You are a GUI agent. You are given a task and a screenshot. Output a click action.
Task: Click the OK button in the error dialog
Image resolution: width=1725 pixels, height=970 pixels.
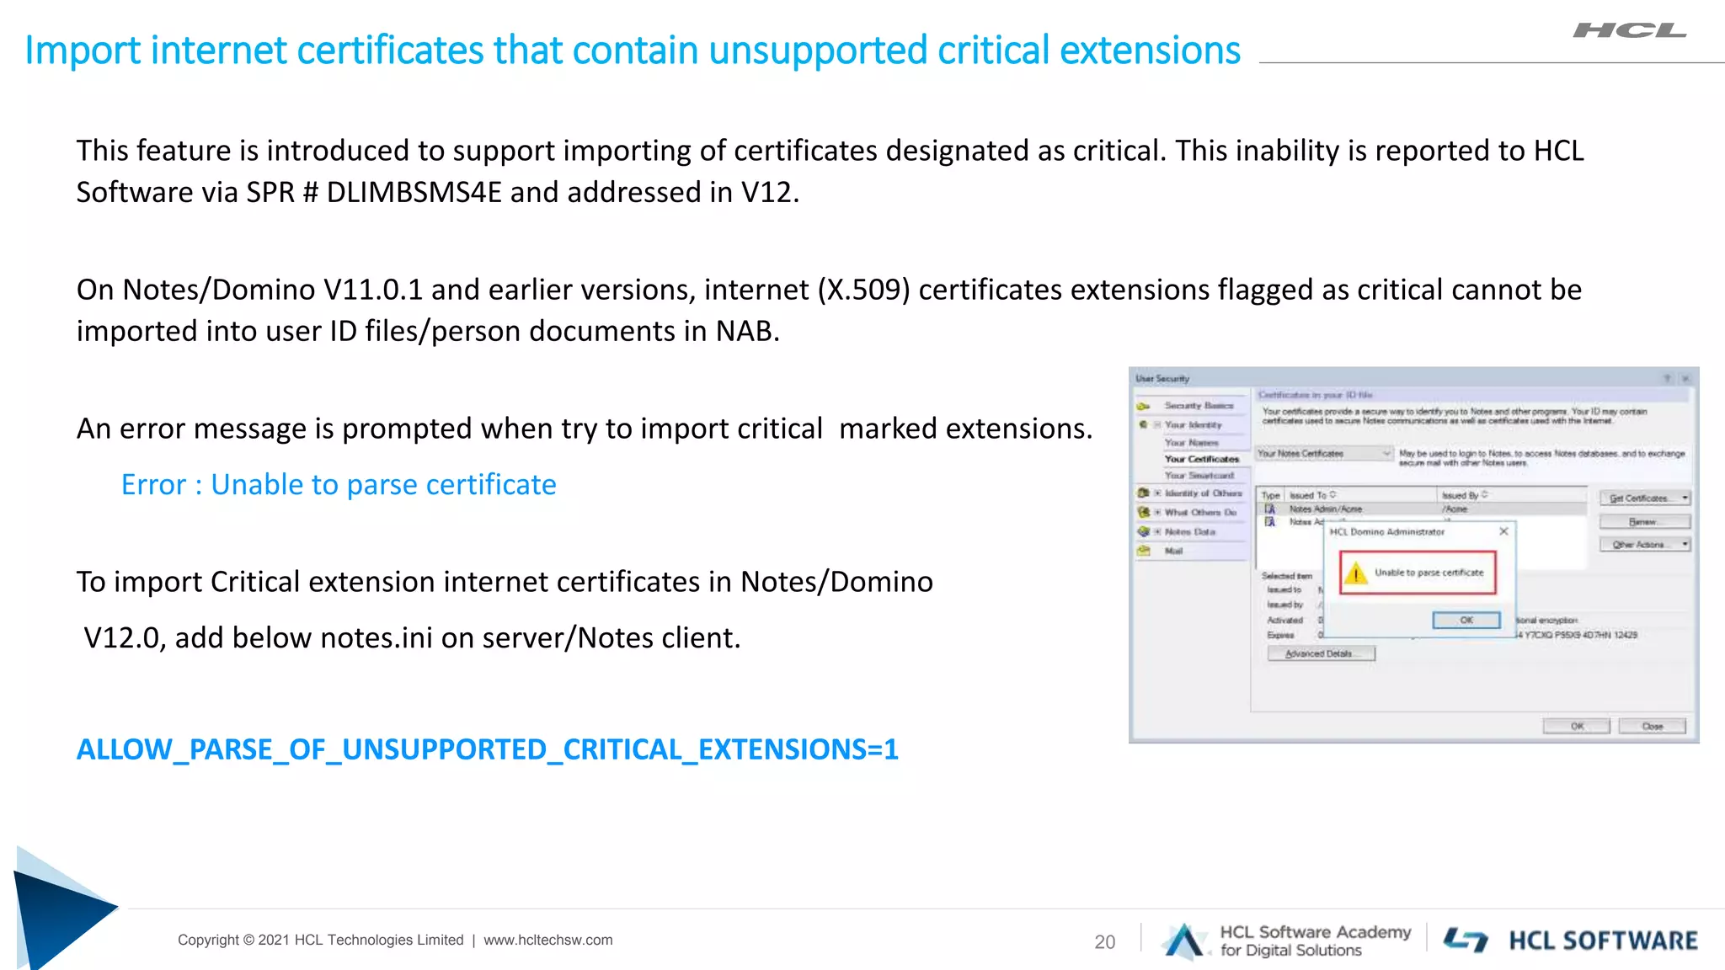[x=1466, y=621]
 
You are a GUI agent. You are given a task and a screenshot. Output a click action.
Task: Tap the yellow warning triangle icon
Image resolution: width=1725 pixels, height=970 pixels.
[x=1356, y=574]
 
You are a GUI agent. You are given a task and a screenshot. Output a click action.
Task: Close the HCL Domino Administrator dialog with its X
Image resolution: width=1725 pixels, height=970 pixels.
[x=1503, y=531]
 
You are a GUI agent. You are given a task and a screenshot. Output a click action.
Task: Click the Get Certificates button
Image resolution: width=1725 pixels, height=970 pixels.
[x=1643, y=498]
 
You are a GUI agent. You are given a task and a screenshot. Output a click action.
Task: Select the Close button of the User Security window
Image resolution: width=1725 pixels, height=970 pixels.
[x=1652, y=726]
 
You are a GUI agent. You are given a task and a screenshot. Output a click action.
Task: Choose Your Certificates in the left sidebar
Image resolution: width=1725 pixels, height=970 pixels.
[x=1201, y=459]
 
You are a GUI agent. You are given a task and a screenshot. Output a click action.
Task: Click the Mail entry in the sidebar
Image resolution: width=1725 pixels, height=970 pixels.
[x=1173, y=551]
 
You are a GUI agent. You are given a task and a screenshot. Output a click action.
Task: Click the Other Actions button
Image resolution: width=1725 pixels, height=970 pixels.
[x=1643, y=545]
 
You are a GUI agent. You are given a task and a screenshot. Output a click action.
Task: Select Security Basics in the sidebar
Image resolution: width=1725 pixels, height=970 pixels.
[x=1198, y=406]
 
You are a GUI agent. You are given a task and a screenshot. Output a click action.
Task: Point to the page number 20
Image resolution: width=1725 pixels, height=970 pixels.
[x=1104, y=942]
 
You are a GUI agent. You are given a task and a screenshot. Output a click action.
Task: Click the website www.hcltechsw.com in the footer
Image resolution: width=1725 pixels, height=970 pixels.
[x=548, y=940]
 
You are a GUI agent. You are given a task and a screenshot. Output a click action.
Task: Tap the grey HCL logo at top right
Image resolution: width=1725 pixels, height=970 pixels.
[x=1629, y=31]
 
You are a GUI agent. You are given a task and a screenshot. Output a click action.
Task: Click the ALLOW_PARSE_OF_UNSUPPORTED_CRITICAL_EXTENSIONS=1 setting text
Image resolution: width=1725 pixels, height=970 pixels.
[x=487, y=749]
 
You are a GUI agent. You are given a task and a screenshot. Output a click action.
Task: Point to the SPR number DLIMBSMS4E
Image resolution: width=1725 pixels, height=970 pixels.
[x=414, y=193]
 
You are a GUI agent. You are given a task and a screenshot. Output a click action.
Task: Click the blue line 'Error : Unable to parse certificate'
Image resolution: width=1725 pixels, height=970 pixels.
[x=339, y=485]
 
